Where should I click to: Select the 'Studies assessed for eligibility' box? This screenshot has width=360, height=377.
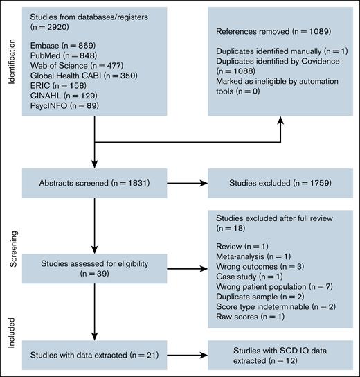[92, 268]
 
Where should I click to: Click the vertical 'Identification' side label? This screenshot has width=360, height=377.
[10, 67]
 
